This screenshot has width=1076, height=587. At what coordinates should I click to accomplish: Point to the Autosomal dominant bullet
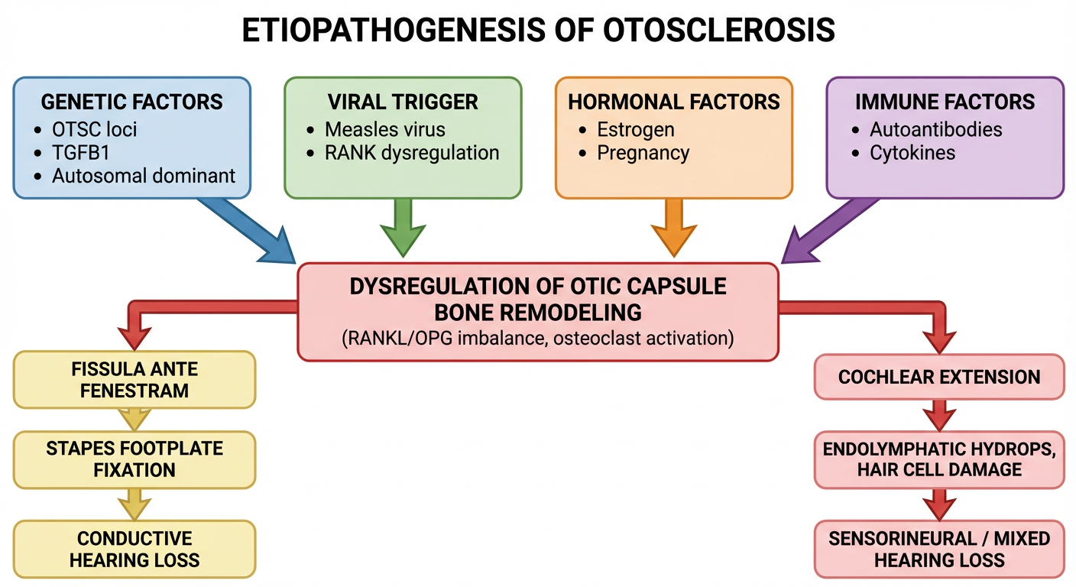click(143, 176)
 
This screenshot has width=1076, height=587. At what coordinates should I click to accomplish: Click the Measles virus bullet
click(384, 128)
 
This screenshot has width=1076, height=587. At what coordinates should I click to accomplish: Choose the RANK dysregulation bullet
click(412, 152)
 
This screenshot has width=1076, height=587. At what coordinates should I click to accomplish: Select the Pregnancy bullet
click(643, 152)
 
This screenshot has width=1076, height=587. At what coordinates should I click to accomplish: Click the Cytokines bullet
click(912, 152)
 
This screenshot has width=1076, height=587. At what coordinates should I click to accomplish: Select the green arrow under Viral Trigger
click(403, 226)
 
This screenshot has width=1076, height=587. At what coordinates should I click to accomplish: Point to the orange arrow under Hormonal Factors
click(673, 226)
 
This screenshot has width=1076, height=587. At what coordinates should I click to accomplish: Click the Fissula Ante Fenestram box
click(134, 380)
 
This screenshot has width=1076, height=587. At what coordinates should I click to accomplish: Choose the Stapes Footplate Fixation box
click(134, 459)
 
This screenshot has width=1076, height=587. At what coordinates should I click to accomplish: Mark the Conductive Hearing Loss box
click(134, 549)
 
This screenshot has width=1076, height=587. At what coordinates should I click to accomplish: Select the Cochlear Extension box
click(939, 377)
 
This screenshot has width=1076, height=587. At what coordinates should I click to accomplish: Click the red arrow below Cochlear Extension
click(939, 417)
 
